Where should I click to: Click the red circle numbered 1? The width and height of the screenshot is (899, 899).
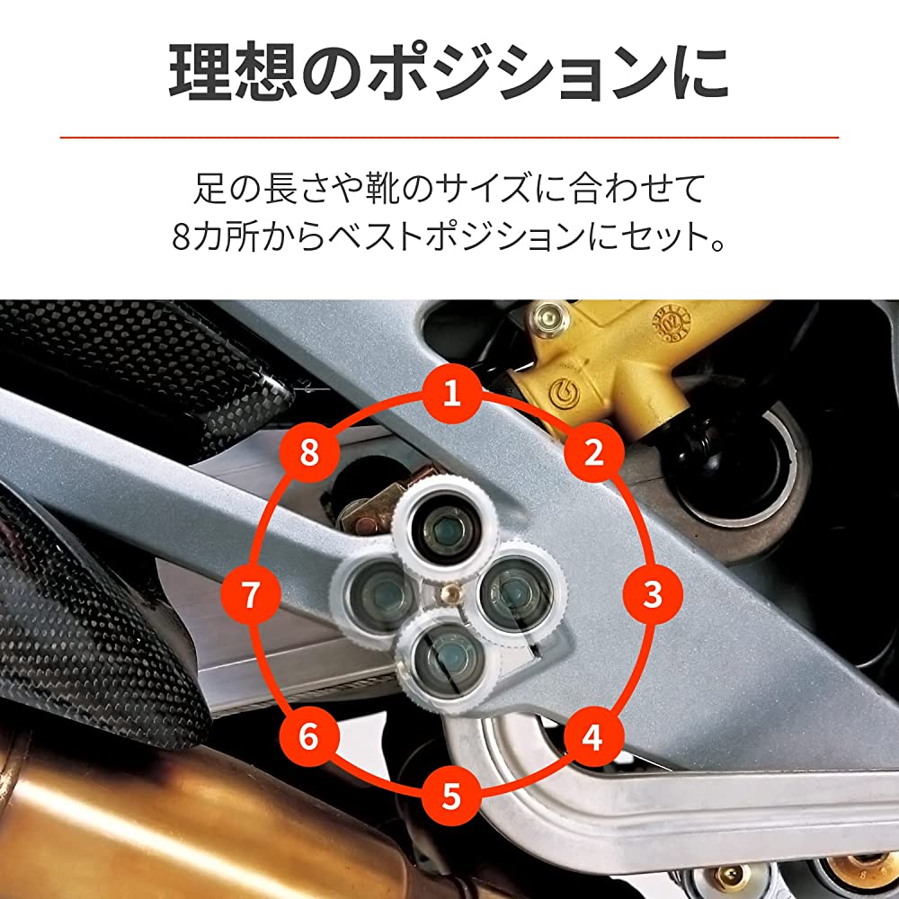pyautogui.click(x=452, y=394)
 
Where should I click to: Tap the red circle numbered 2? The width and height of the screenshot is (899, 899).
pyautogui.click(x=594, y=452)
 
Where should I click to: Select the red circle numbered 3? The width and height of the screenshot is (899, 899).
pyautogui.click(x=653, y=594)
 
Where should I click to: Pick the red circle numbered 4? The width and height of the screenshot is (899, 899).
pyautogui.click(x=593, y=736)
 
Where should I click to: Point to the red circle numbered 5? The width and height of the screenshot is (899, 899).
pyautogui.click(x=452, y=796)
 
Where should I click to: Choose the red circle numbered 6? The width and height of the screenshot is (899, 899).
pyautogui.click(x=309, y=736)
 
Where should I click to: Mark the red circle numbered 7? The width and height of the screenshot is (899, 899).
pyautogui.click(x=251, y=594)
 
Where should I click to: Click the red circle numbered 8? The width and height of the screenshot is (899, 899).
pyautogui.click(x=309, y=452)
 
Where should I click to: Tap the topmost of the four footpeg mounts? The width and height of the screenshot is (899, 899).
pyautogui.click(x=445, y=528)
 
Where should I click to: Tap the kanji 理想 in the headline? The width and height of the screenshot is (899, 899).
pyautogui.click(x=233, y=74)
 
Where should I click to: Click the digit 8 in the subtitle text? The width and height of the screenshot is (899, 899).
pyautogui.click(x=181, y=237)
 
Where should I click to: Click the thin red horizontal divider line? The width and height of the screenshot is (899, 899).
pyautogui.click(x=449, y=138)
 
